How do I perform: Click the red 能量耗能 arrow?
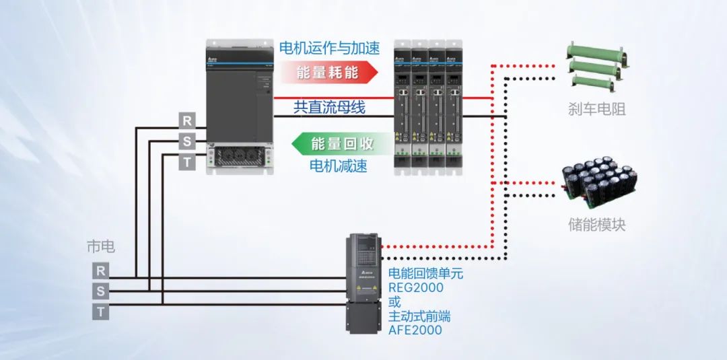[x=326, y=72]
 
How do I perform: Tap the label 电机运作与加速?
[x=329, y=48]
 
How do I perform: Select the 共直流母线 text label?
[x=329, y=106]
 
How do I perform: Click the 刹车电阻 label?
[x=596, y=109]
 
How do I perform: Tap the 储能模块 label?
[x=596, y=225]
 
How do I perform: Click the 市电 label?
[x=101, y=246]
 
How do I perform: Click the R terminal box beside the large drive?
[x=186, y=121]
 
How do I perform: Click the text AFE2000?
[x=415, y=330]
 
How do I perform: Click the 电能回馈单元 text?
[x=425, y=274]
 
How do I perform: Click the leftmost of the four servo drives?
[x=402, y=108]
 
